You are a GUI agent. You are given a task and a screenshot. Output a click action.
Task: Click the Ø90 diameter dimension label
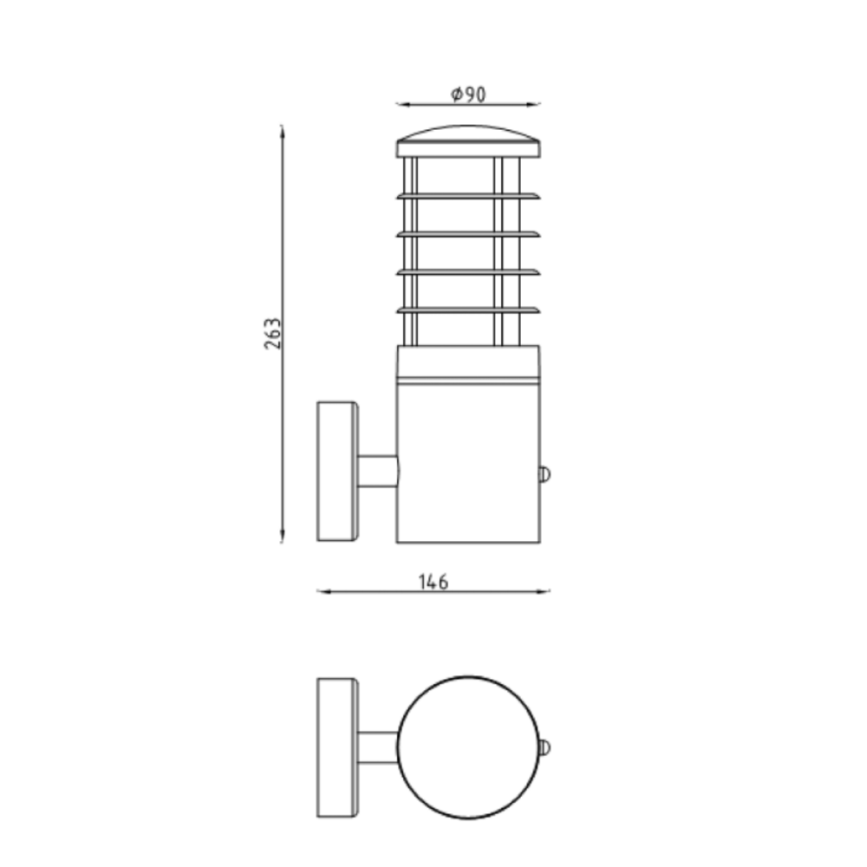click(468, 95)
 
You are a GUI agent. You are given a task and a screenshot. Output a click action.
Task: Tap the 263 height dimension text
click(273, 334)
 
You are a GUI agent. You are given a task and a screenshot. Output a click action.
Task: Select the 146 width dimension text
click(433, 582)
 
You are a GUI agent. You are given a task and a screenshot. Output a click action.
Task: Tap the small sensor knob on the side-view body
click(544, 473)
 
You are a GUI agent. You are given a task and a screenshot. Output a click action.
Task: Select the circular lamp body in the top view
click(468, 747)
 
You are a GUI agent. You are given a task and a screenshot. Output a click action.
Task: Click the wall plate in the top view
click(337, 747)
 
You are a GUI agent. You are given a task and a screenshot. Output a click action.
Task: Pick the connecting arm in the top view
click(378, 747)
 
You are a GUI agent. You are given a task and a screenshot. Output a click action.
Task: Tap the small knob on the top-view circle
click(544, 747)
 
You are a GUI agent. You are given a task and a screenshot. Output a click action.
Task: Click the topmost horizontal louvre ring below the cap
click(468, 196)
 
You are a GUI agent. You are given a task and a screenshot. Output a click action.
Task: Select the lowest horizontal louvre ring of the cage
click(468, 310)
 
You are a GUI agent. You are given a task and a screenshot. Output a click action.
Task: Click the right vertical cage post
click(499, 251)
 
